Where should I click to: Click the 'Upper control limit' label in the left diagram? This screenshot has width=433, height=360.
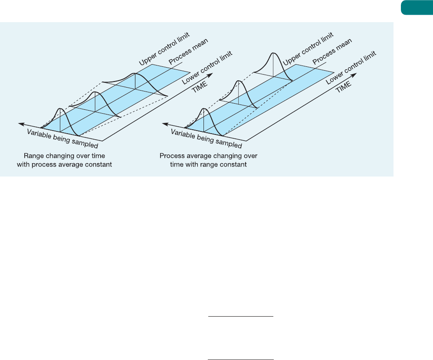164,49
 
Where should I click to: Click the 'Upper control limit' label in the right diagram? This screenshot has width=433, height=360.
308,49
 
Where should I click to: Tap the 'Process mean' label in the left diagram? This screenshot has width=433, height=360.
188,51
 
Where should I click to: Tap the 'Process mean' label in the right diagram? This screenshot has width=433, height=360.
332,51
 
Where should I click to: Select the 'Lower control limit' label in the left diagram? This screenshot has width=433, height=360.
207,68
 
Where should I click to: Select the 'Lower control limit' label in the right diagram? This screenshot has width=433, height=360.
351,68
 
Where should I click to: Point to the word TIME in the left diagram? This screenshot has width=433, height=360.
200,87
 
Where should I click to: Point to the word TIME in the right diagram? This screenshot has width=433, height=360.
344,87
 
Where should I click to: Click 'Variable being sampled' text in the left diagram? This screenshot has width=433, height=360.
62,139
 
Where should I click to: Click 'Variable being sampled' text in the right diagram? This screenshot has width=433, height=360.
206,139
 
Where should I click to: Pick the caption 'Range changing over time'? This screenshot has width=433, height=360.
64,156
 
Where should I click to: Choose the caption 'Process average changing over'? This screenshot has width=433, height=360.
209,156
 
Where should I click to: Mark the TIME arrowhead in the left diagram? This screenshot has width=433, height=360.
210,75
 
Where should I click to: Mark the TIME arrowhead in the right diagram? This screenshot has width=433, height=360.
354,75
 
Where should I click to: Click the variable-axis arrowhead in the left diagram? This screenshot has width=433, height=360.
21,124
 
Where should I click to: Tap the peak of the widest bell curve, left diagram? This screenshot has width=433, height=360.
135,73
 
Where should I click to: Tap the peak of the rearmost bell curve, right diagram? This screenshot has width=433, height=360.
273,53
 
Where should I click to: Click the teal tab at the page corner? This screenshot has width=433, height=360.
417,7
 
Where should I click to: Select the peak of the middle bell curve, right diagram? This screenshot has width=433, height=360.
239,81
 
